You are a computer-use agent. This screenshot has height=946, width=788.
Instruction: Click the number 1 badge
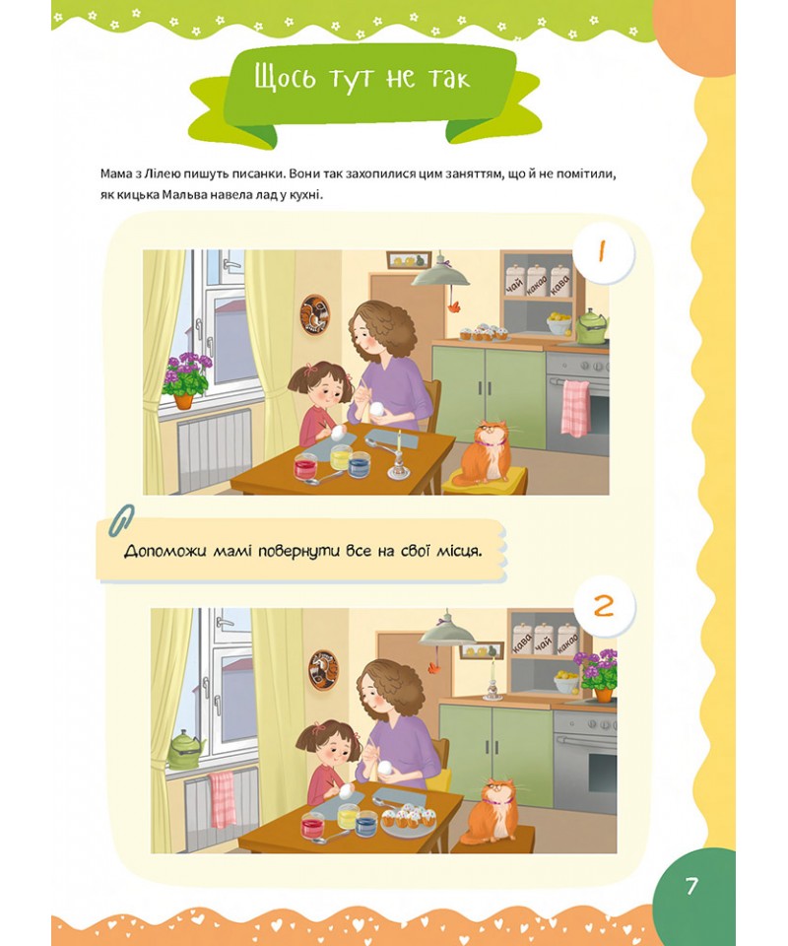[x=603, y=251]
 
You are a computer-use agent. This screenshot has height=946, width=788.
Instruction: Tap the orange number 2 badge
[x=604, y=606]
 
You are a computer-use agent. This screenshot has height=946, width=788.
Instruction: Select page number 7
[x=690, y=886]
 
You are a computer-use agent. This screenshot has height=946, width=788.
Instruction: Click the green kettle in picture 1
[x=591, y=327]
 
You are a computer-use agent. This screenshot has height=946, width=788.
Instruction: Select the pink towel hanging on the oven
[x=575, y=408]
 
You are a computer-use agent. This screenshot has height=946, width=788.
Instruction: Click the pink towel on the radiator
[x=223, y=798]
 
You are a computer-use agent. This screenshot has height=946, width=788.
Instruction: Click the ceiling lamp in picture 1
[x=440, y=275]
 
